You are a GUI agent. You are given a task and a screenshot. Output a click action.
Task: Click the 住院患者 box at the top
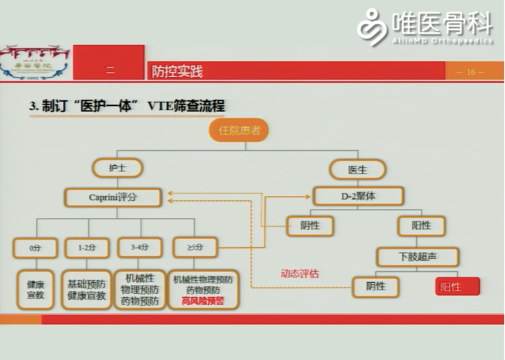click(x=238, y=130)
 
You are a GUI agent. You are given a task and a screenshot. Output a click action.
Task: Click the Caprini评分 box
click(x=113, y=197)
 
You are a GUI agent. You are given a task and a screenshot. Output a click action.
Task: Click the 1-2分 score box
click(x=87, y=247)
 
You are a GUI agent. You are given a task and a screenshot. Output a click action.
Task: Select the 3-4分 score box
click(x=139, y=247)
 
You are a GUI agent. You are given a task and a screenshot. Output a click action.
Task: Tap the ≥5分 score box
click(x=195, y=247)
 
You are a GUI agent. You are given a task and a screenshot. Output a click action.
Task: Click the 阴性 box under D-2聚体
click(x=310, y=225)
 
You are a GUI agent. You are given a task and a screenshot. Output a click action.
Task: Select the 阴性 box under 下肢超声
click(x=375, y=286)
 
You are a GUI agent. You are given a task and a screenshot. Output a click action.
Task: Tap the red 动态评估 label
click(x=299, y=273)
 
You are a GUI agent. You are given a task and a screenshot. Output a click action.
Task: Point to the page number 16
click(x=471, y=72)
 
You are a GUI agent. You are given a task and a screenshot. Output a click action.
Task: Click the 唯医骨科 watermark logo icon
click(x=373, y=27)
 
